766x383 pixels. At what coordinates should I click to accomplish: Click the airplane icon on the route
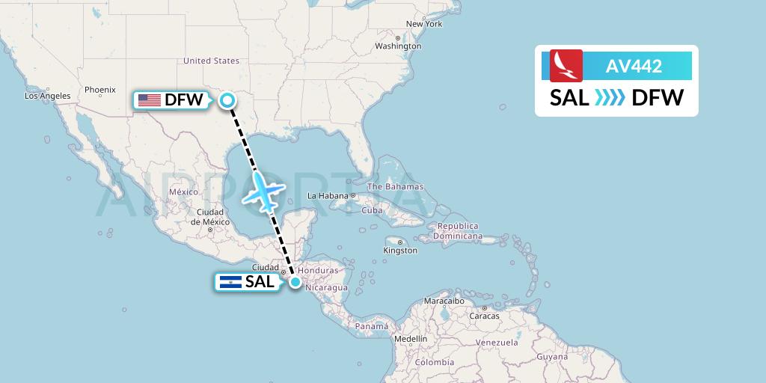[x=264, y=190]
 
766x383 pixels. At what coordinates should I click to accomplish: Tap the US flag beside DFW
[x=150, y=99]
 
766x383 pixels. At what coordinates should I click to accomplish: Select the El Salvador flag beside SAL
[x=228, y=282]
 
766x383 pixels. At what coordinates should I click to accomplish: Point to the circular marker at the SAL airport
[x=295, y=282]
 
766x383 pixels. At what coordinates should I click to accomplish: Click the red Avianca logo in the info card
[x=566, y=66]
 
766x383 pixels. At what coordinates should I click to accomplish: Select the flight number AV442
[x=634, y=66]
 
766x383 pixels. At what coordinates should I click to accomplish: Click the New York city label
[x=424, y=24]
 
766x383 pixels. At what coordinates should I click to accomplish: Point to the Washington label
[x=399, y=46]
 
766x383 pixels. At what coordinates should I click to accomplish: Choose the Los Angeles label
[x=48, y=96]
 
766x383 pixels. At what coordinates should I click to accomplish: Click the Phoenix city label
[x=99, y=90]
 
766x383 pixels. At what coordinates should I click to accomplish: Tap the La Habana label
[x=329, y=196]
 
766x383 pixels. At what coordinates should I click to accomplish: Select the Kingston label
[x=401, y=251]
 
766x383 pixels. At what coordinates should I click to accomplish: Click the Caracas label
[x=485, y=316]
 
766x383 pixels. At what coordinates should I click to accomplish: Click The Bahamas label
[x=395, y=186]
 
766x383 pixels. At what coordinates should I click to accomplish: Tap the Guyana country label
[x=552, y=357]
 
